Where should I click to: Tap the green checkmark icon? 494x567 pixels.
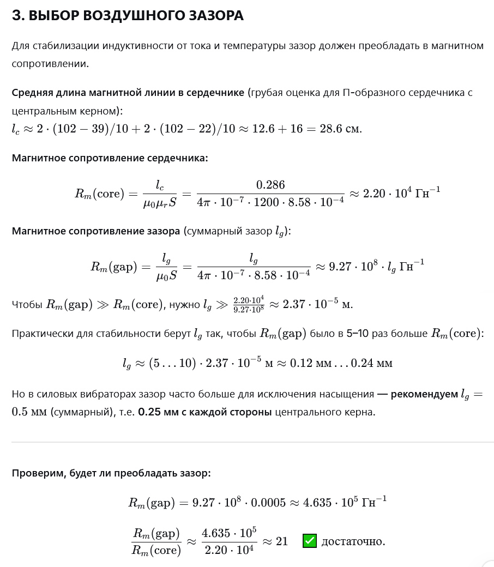click(x=310, y=541)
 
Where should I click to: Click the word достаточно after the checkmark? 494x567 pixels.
click(x=353, y=541)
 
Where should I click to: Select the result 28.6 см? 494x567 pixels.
click(x=343, y=129)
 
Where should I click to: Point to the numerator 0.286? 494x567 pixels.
click(x=270, y=184)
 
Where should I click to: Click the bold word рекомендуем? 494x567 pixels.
click(x=424, y=394)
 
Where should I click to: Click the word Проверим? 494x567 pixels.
click(x=35, y=473)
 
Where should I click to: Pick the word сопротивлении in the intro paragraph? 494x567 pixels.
click(x=50, y=64)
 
